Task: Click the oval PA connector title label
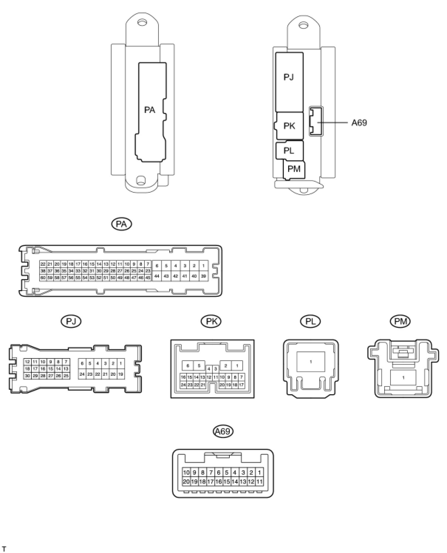click(x=122, y=224)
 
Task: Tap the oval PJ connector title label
click(x=71, y=321)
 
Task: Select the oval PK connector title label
click(x=211, y=321)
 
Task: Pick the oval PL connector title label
click(x=310, y=321)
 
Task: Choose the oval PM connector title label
click(x=400, y=321)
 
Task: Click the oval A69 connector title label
click(x=223, y=431)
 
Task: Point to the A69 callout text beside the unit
click(x=359, y=123)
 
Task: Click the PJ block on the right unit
click(x=289, y=78)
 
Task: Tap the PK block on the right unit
click(x=289, y=126)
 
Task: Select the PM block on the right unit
click(x=294, y=169)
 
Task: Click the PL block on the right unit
click(x=289, y=150)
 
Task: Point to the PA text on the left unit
click(x=150, y=110)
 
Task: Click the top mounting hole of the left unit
click(x=141, y=23)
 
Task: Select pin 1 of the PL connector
click(x=311, y=362)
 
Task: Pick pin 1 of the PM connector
click(x=403, y=378)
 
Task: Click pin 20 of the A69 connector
click(x=186, y=481)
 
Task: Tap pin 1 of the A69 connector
click(x=259, y=473)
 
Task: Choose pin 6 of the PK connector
click(x=188, y=366)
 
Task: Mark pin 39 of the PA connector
click(x=203, y=276)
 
